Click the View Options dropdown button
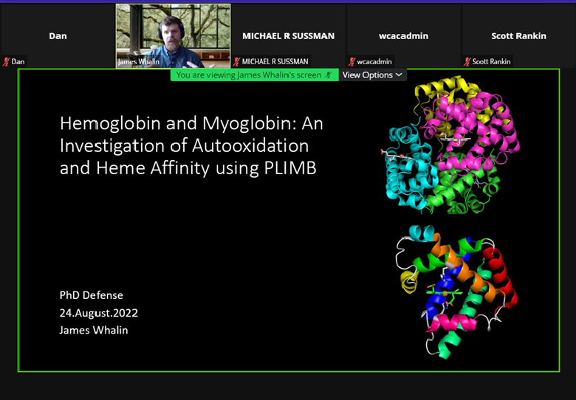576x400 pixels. click(x=372, y=75)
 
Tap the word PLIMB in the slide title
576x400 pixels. click(x=290, y=168)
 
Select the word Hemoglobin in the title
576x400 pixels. click(x=111, y=123)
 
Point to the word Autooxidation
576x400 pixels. click(x=250, y=145)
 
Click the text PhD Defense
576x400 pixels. click(x=91, y=295)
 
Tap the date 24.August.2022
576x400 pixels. click(x=99, y=313)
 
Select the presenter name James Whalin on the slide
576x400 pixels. click(x=94, y=330)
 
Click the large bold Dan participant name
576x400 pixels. click(x=58, y=36)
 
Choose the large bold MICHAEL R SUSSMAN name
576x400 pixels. click(x=288, y=36)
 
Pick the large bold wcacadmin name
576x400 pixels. click(x=404, y=36)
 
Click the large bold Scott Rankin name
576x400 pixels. click(x=518, y=36)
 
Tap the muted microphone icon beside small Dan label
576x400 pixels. click(x=6, y=62)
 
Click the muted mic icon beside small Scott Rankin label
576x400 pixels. click(x=467, y=62)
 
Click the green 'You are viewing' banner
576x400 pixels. click(x=254, y=75)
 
